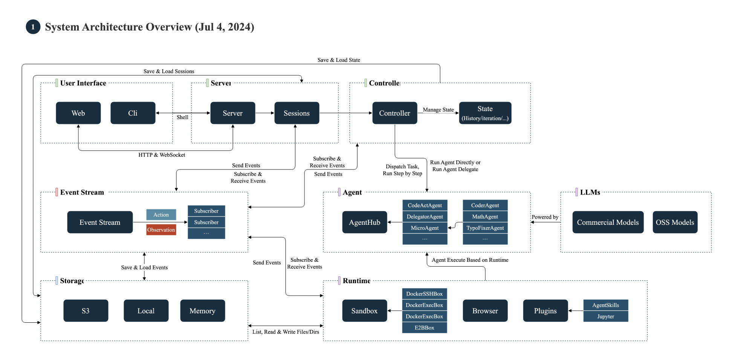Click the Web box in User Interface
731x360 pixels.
[x=78, y=113]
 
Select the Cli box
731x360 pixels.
[x=133, y=113]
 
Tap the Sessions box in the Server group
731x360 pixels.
[x=297, y=113]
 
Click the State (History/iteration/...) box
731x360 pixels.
[x=485, y=113]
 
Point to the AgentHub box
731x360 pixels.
[x=364, y=222]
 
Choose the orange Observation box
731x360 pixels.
[x=161, y=230]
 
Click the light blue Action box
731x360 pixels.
[x=161, y=215]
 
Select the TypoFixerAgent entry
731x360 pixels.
[x=485, y=228]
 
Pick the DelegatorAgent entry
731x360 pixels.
[x=425, y=217]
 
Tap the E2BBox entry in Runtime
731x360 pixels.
[x=424, y=328]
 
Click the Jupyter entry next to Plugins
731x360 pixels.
[x=606, y=316]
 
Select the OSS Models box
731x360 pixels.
[x=675, y=222]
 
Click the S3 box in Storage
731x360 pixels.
[x=86, y=311]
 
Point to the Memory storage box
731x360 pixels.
[x=202, y=311]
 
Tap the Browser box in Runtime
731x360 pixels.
[x=485, y=311]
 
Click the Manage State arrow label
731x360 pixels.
[x=438, y=110]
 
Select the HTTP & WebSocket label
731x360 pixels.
[x=162, y=155]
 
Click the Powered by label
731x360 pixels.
[x=545, y=217]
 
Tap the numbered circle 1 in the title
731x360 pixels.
[x=33, y=27]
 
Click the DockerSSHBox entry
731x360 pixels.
[x=424, y=294]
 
